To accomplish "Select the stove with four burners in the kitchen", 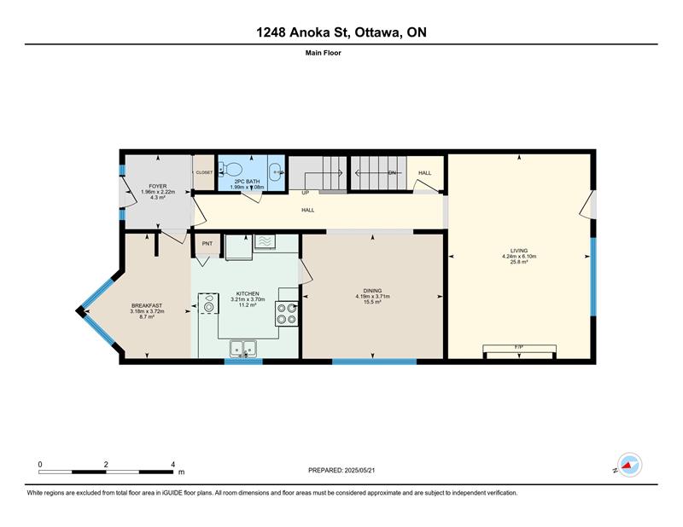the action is click(x=287, y=314).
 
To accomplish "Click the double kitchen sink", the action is click(x=243, y=348).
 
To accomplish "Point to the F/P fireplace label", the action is click(x=519, y=347).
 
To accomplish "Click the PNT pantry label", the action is click(x=207, y=244).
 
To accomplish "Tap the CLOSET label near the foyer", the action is click(x=204, y=172).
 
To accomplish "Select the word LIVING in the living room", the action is click(x=519, y=251).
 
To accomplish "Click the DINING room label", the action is click(x=372, y=291).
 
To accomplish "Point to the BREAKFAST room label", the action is click(x=147, y=306).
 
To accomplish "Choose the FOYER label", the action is click(x=158, y=186).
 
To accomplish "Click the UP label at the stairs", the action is click(x=306, y=193).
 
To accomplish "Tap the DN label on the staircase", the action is click(x=392, y=173).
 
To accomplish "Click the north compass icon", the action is click(x=629, y=465).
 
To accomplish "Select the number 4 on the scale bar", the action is click(x=173, y=465).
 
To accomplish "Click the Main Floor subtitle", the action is click(x=324, y=53).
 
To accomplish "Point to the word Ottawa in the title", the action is click(x=378, y=32).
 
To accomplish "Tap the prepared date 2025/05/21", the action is click(x=359, y=470).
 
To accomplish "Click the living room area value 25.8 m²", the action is click(x=519, y=262).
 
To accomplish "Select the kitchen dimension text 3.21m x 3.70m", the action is click(x=248, y=299).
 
